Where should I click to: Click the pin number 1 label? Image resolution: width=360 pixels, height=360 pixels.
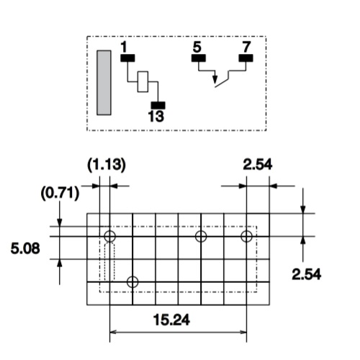click(124, 47)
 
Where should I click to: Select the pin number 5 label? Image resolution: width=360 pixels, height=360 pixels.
click(197, 47)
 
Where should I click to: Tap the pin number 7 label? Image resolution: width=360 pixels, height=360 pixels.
click(246, 47)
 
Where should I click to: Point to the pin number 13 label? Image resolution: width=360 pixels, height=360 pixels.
click(156, 117)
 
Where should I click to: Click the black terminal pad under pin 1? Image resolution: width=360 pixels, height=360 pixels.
click(127, 58)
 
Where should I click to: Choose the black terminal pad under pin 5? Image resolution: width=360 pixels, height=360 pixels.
click(199, 58)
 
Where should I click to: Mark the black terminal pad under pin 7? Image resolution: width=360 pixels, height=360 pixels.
click(246, 58)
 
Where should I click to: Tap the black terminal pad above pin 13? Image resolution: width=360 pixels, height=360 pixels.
click(158, 105)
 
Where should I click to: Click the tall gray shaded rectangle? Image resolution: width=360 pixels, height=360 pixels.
click(104, 83)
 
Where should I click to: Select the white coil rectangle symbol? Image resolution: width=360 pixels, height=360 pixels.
click(143, 81)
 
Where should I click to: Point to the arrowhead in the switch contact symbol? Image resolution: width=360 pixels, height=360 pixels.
click(215, 80)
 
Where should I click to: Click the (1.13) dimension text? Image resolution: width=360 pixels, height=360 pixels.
click(107, 166)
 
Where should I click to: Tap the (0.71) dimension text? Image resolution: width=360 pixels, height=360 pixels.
click(60, 193)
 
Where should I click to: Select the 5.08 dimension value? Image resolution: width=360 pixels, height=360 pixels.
click(25, 248)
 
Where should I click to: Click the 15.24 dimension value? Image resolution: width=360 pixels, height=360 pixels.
click(171, 320)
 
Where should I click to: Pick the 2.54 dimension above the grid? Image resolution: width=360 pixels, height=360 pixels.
click(258, 165)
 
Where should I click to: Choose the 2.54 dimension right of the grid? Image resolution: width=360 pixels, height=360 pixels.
click(307, 274)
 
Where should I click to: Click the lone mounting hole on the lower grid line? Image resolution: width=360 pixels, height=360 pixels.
click(132, 282)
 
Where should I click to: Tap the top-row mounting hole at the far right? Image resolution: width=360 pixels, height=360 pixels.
click(246, 236)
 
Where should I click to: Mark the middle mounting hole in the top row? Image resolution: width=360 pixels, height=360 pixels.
click(201, 236)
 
